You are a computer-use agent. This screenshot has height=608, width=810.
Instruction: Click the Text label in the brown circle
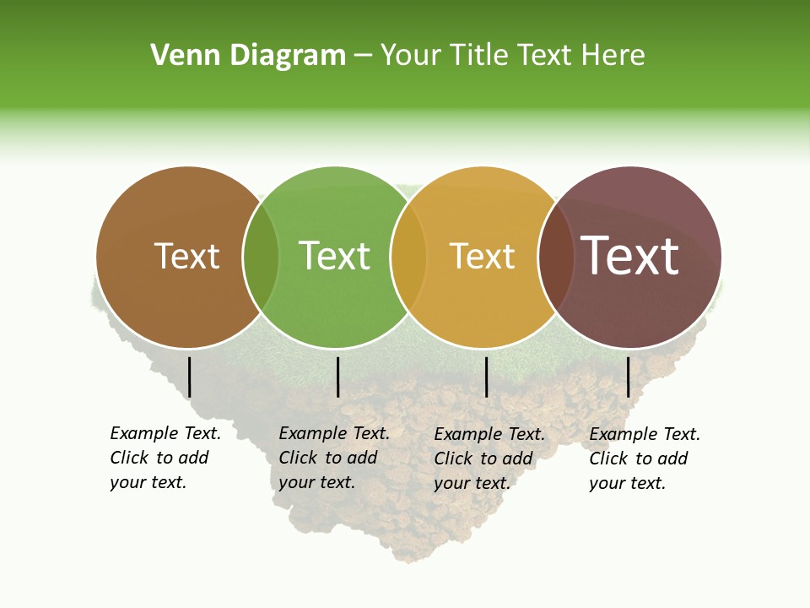click(x=186, y=256)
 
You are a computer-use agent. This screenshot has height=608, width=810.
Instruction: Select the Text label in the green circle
click(x=334, y=256)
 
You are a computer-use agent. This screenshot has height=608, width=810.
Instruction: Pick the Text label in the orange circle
click(x=482, y=256)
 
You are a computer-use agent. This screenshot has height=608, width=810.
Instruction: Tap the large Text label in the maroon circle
click(x=629, y=256)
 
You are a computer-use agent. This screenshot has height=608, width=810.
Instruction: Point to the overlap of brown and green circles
click(x=261, y=258)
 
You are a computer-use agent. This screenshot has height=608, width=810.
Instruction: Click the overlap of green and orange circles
click(x=408, y=258)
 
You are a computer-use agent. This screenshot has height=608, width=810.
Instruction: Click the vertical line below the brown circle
click(x=190, y=377)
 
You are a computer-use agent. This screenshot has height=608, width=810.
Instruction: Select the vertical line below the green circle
click(x=337, y=377)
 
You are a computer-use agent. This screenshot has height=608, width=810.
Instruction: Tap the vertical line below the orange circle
click(x=486, y=377)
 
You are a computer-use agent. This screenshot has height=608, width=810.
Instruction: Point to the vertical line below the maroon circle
click(x=629, y=377)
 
